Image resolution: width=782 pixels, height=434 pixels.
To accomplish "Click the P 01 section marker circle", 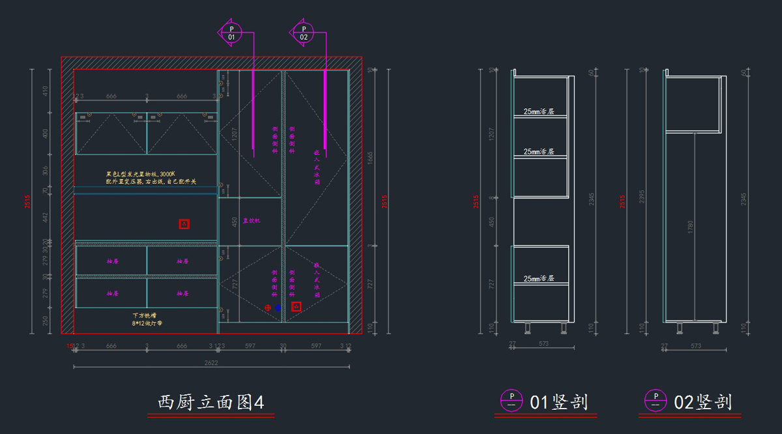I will point(231,31).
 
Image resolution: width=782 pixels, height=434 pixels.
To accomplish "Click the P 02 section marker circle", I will point(303,31).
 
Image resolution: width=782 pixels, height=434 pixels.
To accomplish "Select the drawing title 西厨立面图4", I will point(210,402).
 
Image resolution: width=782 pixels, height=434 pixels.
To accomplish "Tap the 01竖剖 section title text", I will point(558,402).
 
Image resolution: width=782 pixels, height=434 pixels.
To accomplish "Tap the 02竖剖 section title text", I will point(702,402).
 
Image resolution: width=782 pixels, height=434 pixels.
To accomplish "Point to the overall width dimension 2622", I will point(210,362).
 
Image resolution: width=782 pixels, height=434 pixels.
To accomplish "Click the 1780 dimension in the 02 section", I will point(690,227).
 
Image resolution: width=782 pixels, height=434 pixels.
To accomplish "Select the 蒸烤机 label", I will point(252,221).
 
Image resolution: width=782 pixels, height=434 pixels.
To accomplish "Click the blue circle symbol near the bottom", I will point(278,307).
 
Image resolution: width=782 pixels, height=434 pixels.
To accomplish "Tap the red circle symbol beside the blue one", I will point(267,307).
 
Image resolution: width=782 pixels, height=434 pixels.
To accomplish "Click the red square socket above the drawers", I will point(184,224).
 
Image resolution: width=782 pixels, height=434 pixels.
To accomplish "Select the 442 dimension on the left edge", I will point(46,217).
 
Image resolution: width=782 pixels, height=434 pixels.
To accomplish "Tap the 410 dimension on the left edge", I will point(46,91).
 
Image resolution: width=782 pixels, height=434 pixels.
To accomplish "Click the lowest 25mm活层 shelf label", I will point(539,278).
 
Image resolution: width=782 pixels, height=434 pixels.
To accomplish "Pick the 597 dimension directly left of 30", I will point(250,346).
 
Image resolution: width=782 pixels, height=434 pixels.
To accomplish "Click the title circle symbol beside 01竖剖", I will point(512,400).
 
